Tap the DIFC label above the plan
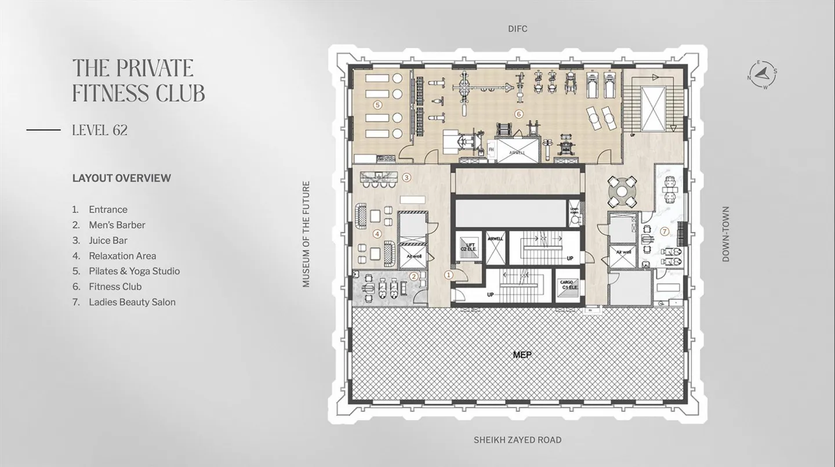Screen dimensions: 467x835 click(517, 28)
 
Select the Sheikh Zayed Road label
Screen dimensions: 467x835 click(517, 440)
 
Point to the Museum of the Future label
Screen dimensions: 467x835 click(306, 234)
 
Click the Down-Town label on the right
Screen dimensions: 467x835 click(725, 234)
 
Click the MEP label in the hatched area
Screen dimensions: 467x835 click(522, 354)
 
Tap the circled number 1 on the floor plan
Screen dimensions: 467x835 click(448, 276)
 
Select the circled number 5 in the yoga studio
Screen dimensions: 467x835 click(377, 105)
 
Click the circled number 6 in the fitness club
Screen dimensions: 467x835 click(519, 114)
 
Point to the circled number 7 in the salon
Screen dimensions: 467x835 click(665, 231)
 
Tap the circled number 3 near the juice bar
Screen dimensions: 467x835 click(406, 178)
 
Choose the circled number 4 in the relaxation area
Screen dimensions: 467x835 click(377, 234)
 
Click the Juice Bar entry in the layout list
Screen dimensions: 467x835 click(108, 240)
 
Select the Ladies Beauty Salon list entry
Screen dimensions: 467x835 click(132, 302)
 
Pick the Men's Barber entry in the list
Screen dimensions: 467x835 click(117, 225)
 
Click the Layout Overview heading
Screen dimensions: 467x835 click(122, 178)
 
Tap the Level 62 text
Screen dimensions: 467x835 click(100, 131)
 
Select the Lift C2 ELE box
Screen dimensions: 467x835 click(469, 247)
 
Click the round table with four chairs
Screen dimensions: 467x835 click(622, 190)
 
